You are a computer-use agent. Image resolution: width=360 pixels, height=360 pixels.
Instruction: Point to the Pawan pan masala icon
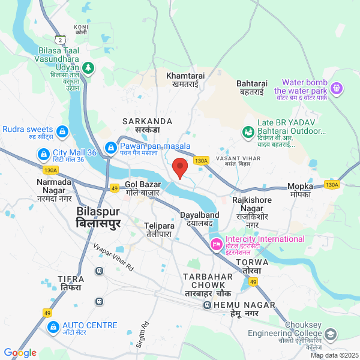point(110,147)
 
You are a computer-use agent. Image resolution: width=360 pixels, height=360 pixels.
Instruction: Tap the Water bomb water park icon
point(337,89)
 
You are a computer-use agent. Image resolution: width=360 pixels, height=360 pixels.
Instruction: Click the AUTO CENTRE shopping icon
point(53,328)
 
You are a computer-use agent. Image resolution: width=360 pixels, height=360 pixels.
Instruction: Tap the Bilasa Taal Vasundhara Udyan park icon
point(89,68)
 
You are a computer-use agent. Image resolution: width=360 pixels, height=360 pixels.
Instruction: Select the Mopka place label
point(299,190)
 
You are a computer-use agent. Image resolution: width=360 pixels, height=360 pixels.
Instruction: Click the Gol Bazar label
point(142,189)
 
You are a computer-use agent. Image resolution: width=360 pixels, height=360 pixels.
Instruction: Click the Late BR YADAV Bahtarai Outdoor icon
point(247,131)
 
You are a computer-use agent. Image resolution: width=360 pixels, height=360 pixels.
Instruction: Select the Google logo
point(20,353)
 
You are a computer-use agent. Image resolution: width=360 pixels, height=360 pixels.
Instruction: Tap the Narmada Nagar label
point(54,185)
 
